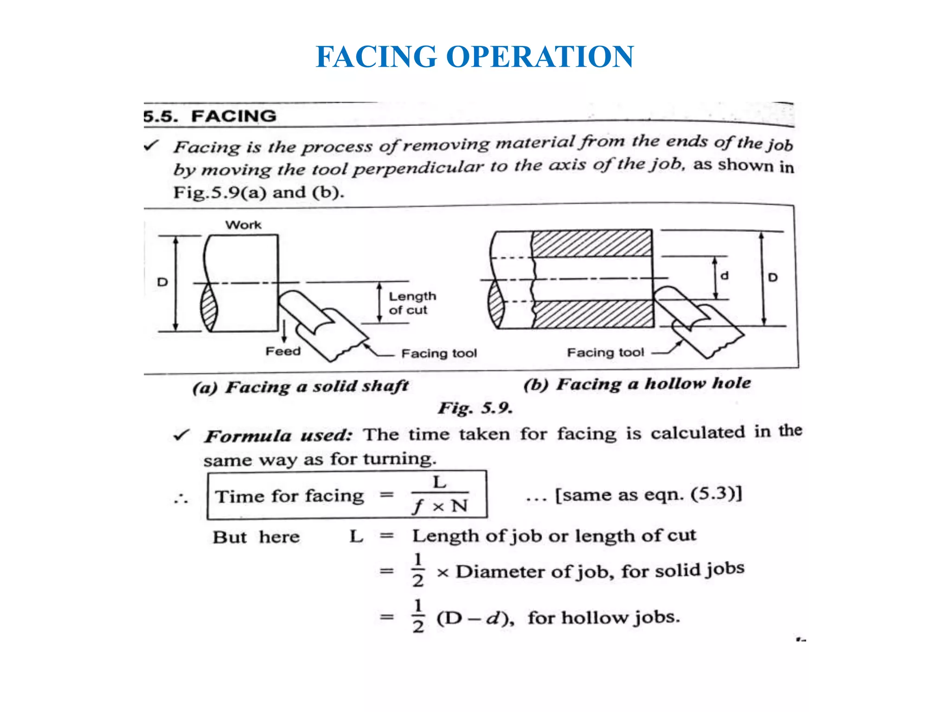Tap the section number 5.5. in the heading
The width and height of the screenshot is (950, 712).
(x=160, y=116)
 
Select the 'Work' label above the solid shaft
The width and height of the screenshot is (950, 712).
(x=244, y=225)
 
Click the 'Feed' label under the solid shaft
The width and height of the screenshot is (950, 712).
(x=283, y=351)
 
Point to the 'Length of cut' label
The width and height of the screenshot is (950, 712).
(x=412, y=303)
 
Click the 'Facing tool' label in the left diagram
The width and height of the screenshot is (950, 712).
(x=439, y=354)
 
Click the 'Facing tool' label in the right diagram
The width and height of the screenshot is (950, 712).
(x=605, y=353)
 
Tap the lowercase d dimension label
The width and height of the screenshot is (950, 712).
(x=725, y=276)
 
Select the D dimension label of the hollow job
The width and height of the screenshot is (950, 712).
(x=773, y=278)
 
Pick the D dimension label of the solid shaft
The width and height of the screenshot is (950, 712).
(x=162, y=282)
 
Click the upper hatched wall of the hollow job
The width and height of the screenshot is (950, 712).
(x=591, y=243)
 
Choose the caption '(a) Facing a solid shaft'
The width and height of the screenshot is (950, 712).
(x=301, y=387)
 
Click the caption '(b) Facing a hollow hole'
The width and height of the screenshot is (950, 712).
(x=637, y=384)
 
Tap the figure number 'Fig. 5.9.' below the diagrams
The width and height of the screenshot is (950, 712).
(x=475, y=408)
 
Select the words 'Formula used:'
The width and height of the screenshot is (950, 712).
(x=279, y=436)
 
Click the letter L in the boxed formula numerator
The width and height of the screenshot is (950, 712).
(x=439, y=483)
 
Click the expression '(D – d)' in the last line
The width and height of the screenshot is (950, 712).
(x=475, y=618)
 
